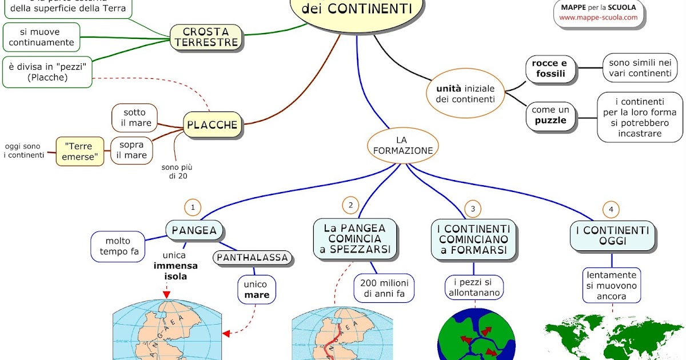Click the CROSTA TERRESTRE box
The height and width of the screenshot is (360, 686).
tap(206, 37)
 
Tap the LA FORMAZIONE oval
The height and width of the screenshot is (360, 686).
tap(402, 145)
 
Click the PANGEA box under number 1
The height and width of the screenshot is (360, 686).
tap(194, 230)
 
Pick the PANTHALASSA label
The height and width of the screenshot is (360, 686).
tap(252, 258)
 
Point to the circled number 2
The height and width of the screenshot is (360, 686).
tap(350, 205)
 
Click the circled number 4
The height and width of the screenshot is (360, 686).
tap(611, 210)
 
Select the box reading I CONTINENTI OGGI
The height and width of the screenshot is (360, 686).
tap(612, 236)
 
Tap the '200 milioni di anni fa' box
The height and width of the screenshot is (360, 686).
tap(384, 289)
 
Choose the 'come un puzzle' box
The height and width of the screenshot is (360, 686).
tap(550, 115)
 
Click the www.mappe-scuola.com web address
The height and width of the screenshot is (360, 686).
tap(599, 18)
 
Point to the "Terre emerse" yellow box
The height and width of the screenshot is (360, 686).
tap(80, 151)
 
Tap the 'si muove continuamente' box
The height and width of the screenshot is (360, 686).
tap(39, 37)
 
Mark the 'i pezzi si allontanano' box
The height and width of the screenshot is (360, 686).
tap(473, 288)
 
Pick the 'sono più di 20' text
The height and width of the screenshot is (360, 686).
tap(181, 171)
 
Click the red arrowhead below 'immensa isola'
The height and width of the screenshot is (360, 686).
tap(167, 295)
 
